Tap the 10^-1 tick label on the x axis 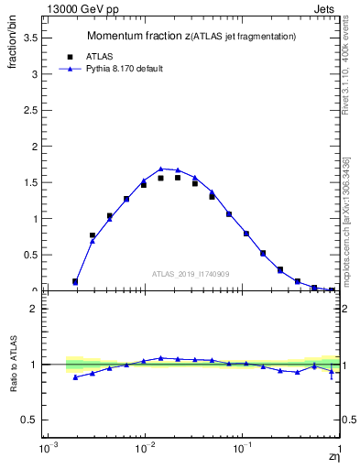[x=243, y=450]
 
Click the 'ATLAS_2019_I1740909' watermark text [x=191, y=274]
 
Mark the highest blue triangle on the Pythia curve [x=161, y=169]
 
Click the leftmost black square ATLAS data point [x=75, y=281]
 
